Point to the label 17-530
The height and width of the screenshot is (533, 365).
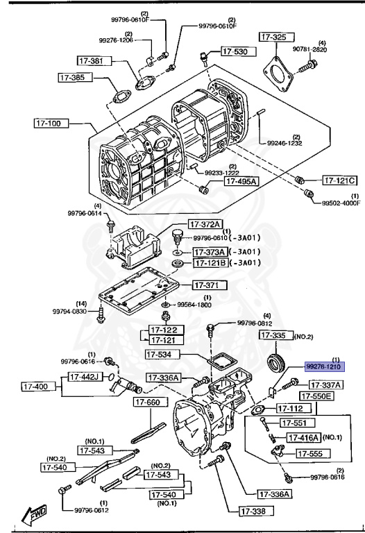(x=235, y=51)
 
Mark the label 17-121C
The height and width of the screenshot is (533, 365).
(x=340, y=181)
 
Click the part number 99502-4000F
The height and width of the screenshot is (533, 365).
(x=341, y=203)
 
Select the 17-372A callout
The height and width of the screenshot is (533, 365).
(x=207, y=224)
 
